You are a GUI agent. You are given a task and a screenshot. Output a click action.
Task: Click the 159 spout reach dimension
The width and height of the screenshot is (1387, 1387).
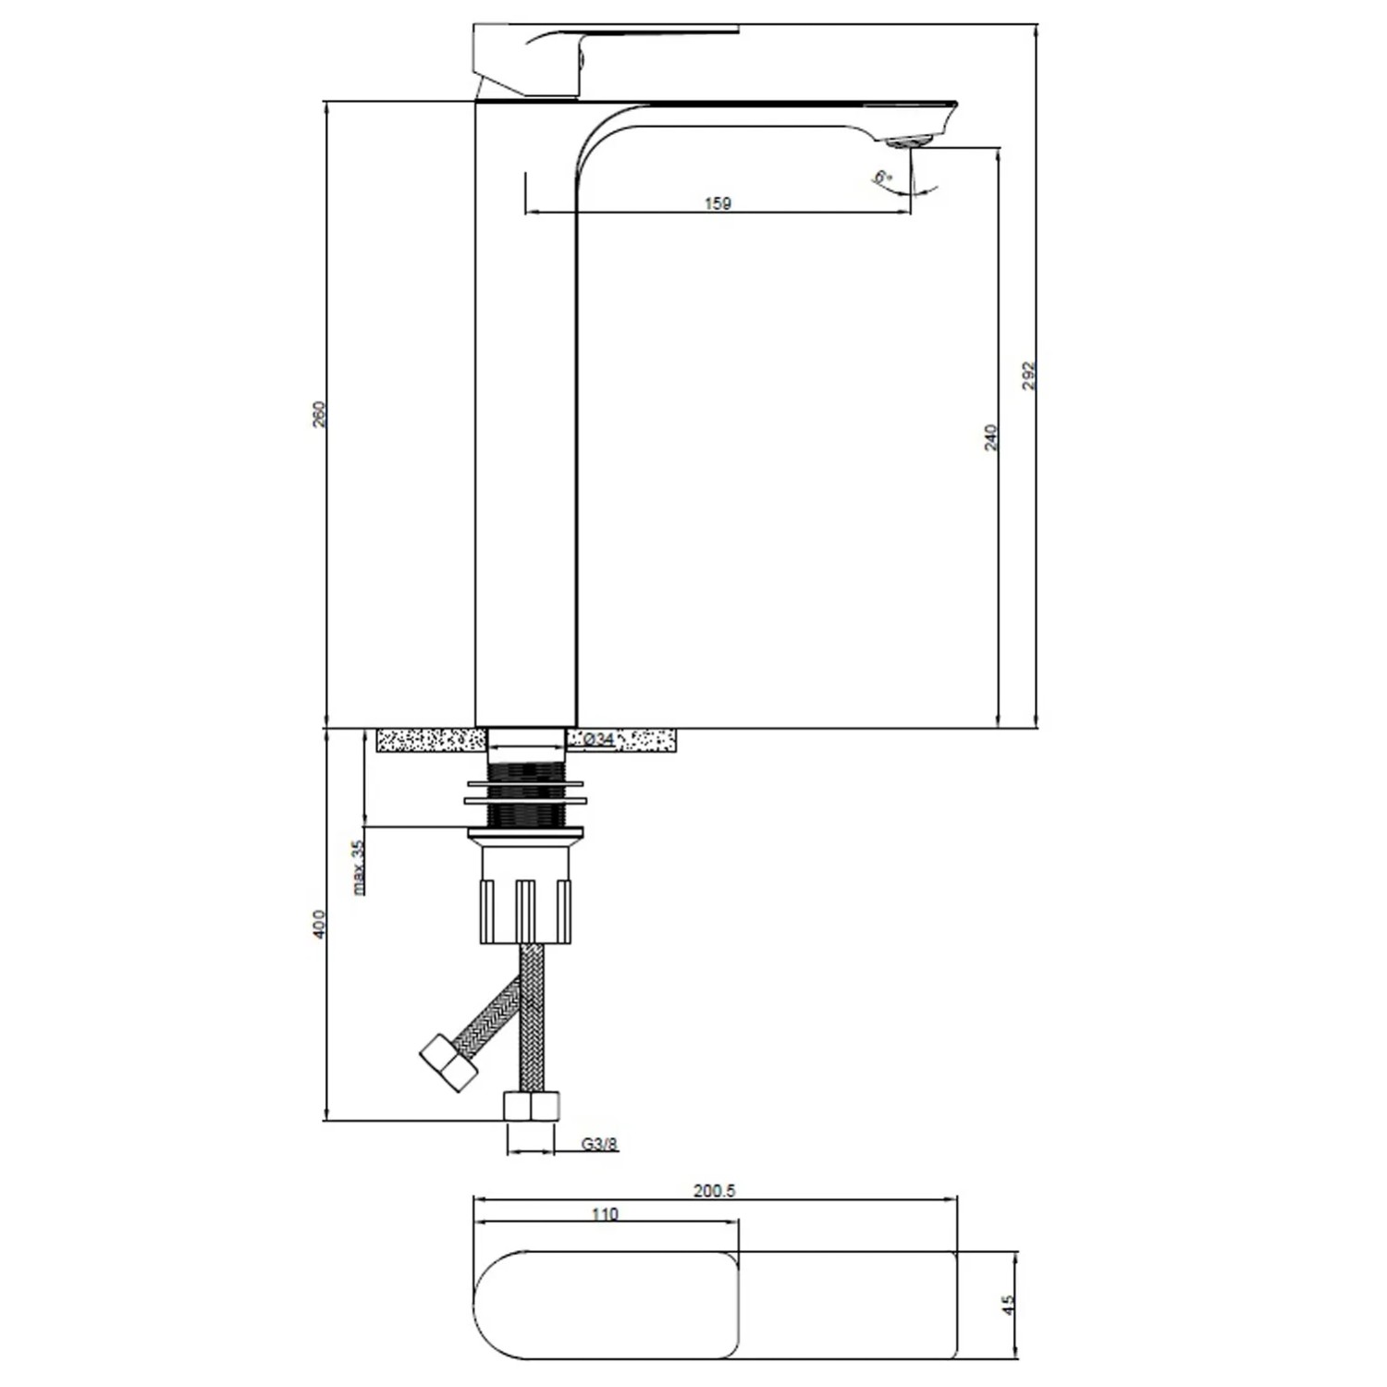click(718, 203)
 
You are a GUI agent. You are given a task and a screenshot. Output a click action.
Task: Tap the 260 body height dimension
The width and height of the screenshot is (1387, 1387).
click(320, 413)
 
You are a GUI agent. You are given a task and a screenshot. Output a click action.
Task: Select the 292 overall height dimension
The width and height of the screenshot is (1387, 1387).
click(1030, 375)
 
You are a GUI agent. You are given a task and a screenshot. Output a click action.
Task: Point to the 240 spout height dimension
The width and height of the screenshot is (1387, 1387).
click(991, 437)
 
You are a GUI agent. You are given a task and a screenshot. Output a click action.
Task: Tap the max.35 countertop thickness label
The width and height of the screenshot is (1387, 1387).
click(359, 864)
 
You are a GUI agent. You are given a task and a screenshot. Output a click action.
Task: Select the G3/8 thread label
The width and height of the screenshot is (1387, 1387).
click(600, 1144)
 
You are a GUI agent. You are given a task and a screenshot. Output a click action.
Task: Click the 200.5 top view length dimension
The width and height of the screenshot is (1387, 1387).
click(714, 1191)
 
